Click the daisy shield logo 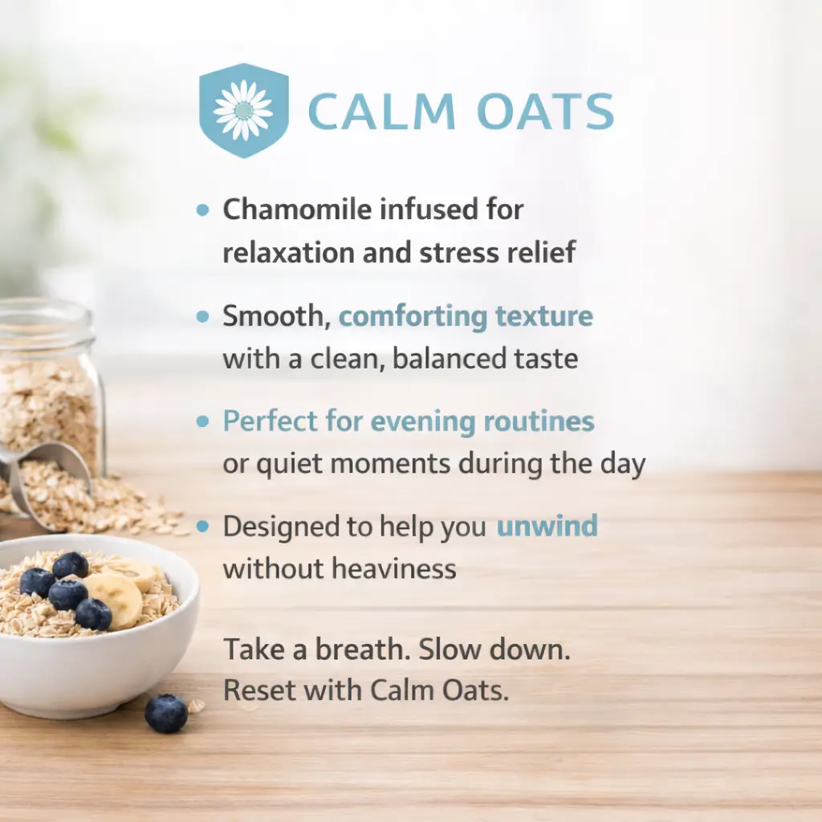click(x=244, y=110)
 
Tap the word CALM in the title click(x=381, y=111)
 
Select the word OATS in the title click(x=545, y=111)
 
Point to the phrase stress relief click(x=498, y=252)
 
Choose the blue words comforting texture click(x=466, y=316)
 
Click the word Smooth click(x=276, y=316)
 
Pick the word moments click(x=390, y=464)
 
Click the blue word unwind click(x=547, y=526)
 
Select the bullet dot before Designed click(x=202, y=527)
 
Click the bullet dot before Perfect click(x=202, y=421)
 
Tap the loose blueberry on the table click(x=165, y=713)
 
